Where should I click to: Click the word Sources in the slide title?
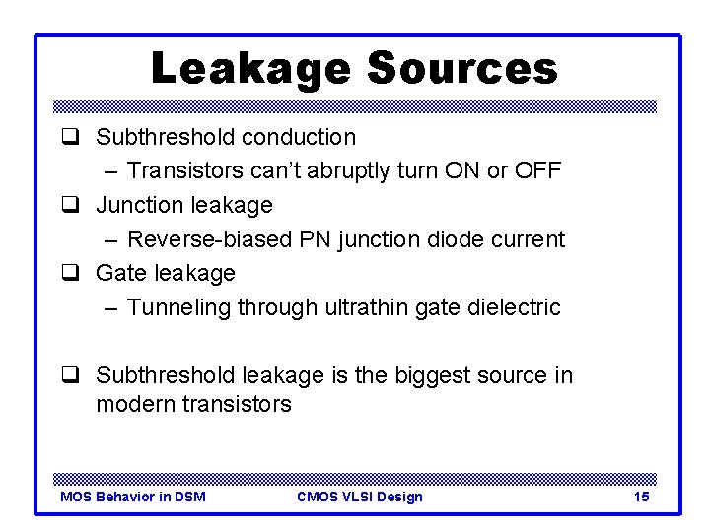click(461, 68)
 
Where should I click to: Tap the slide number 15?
click(641, 497)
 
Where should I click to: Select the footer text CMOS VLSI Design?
click(359, 497)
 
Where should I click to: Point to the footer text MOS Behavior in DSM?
click(133, 497)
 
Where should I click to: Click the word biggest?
click(435, 375)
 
